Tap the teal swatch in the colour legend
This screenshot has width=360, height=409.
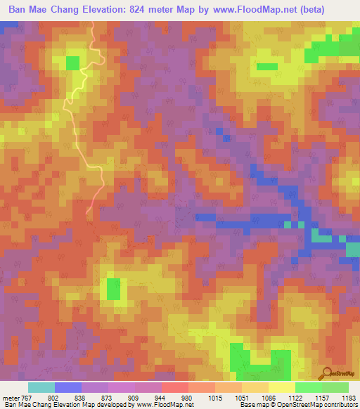point(41,387)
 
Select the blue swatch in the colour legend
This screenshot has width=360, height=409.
point(67,387)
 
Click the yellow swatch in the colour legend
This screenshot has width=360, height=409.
point(281,387)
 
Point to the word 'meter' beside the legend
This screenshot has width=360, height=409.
point(13,398)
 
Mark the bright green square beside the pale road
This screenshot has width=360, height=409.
point(72,63)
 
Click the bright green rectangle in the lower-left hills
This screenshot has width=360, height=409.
point(112,289)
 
